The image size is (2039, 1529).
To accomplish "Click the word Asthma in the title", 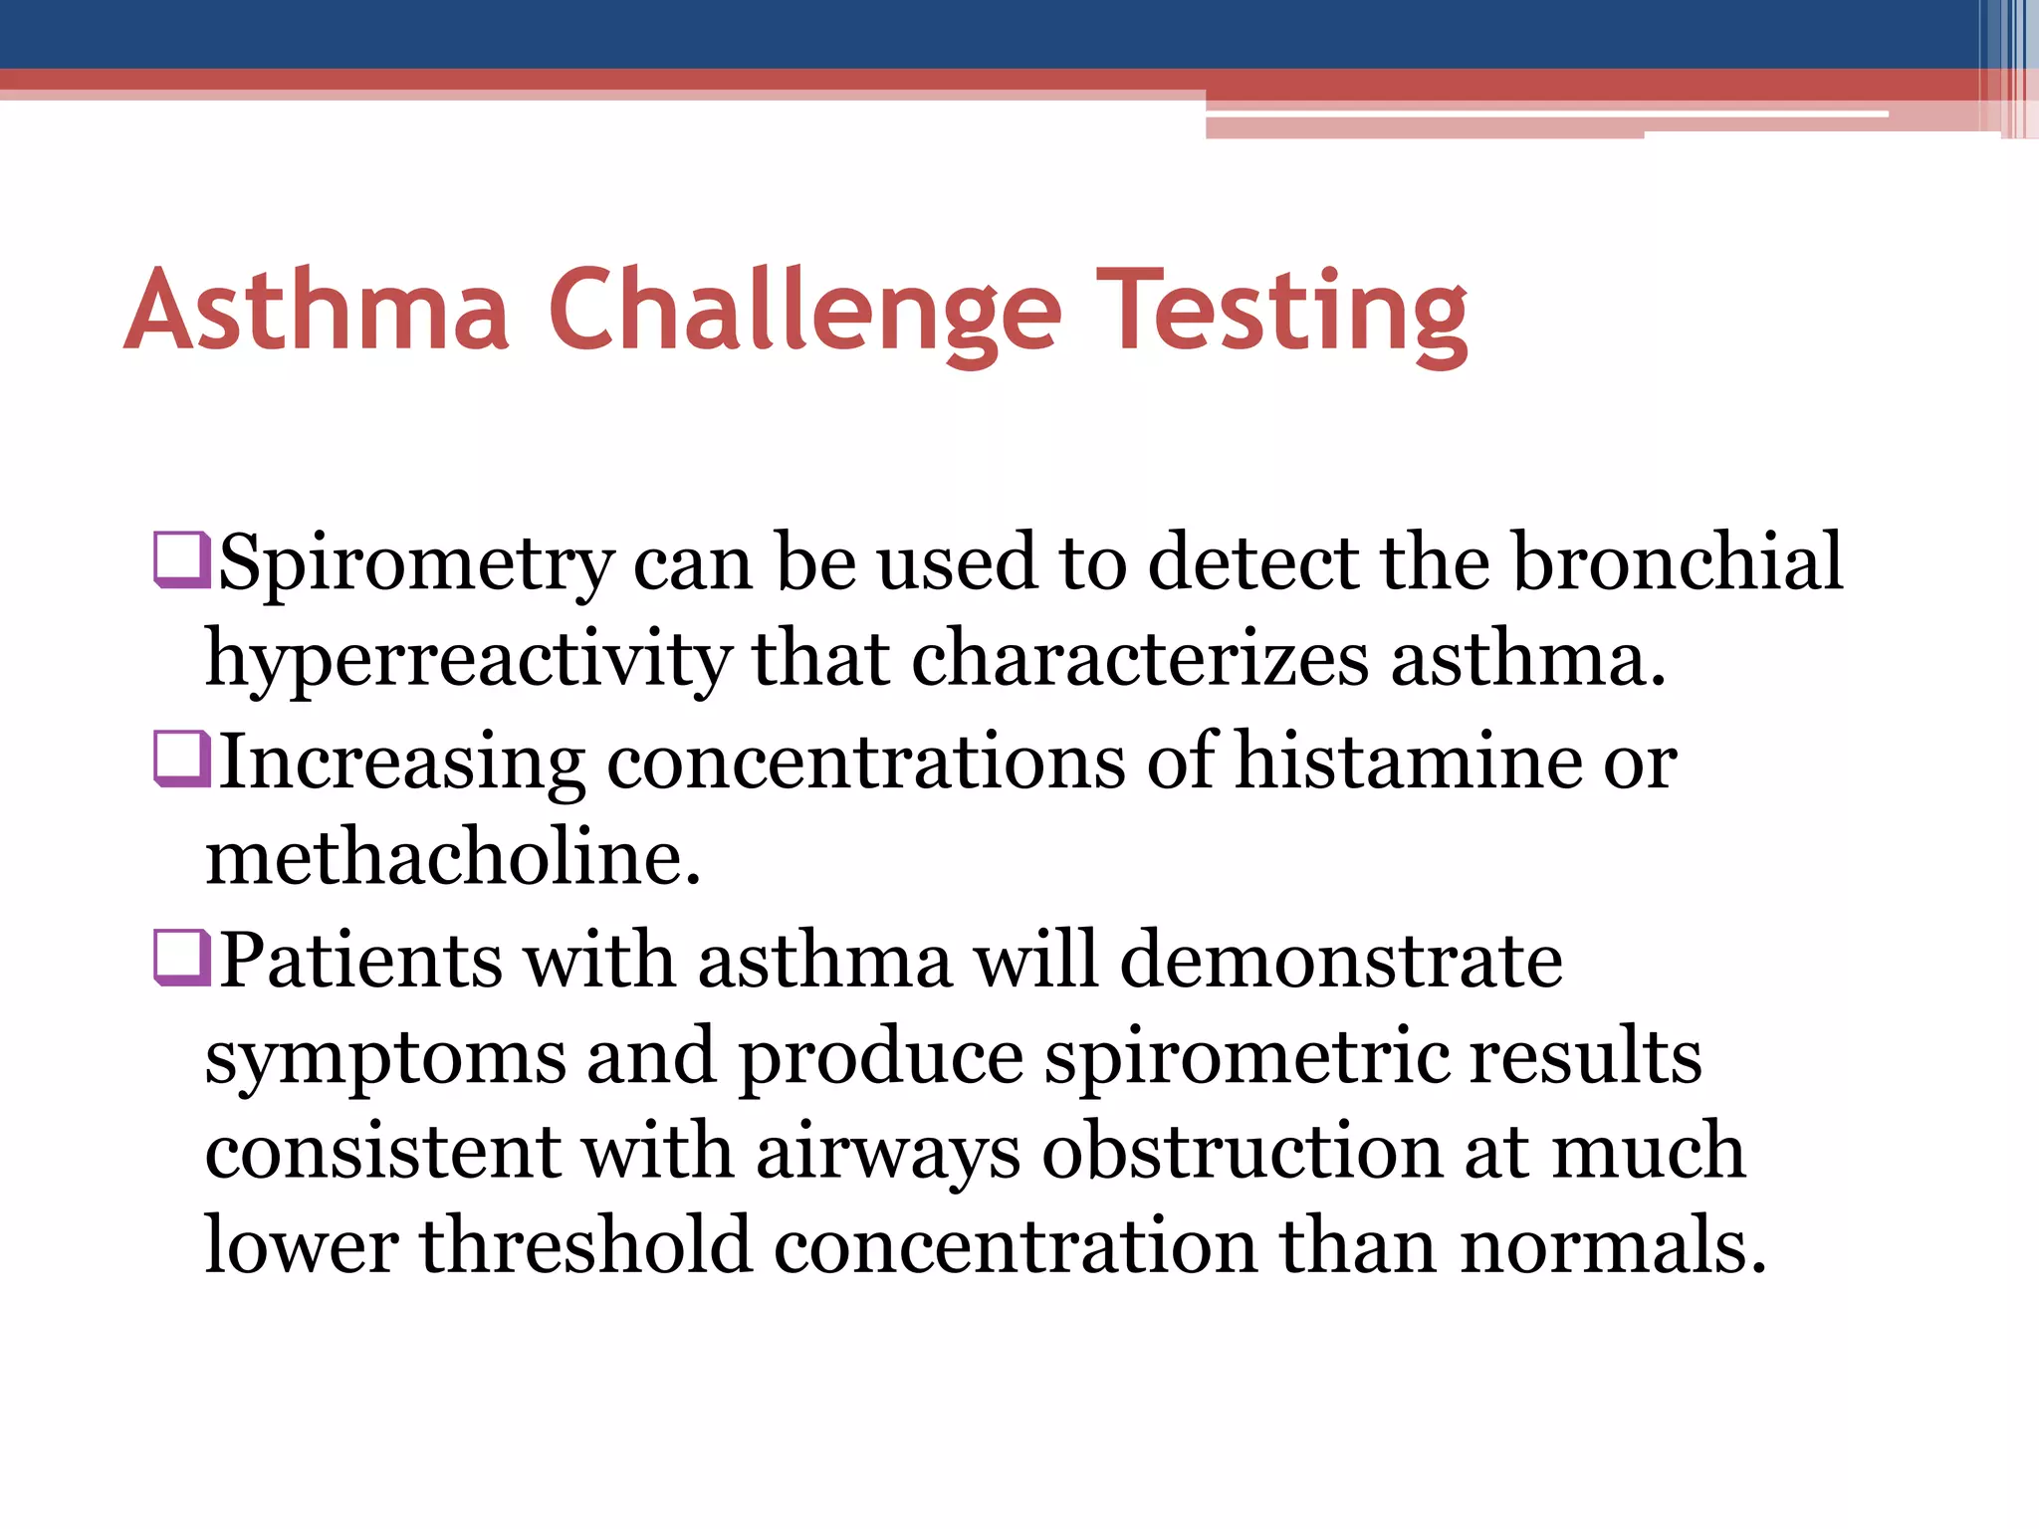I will [x=317, y=311].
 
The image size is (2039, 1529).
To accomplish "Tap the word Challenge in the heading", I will [x=804, y=311].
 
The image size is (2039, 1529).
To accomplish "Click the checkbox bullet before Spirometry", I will [x=181, y=560].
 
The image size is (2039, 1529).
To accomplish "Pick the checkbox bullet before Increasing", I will [x=181, y=760].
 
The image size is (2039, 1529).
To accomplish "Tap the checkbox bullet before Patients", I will [x=181, y=958].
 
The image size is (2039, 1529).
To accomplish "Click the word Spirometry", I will [x=415, y=563].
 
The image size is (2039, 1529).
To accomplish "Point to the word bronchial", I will [x=1677, y=561].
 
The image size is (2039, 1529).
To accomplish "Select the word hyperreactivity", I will [x=468, y=659].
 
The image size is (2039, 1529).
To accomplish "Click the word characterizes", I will [x=1139, y=659].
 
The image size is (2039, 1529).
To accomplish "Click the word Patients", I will [x=360, y=960].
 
